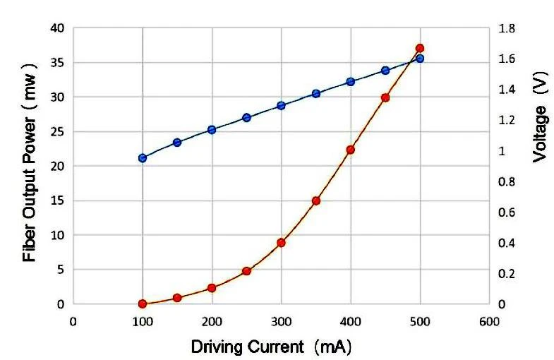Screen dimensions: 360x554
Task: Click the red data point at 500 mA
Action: click(x=420, y=49)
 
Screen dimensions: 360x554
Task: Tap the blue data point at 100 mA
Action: click(x=143, y=158)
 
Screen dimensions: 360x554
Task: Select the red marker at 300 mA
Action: click(x=281, y=242)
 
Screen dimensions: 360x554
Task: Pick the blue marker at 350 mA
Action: click(x=316, y=94)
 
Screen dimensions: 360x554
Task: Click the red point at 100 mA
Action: click(x=143, y=304)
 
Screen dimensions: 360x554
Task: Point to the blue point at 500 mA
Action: click(x=420, y=59)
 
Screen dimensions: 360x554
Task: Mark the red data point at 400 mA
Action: click(x=351, y=150)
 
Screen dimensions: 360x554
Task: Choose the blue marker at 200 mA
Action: click(x=212, y=130)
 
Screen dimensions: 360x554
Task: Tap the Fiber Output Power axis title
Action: click(x=30, y=167)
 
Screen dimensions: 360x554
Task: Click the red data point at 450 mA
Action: click(x=385, y=98)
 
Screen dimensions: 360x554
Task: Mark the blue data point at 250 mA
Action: click(x=246, y=118)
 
